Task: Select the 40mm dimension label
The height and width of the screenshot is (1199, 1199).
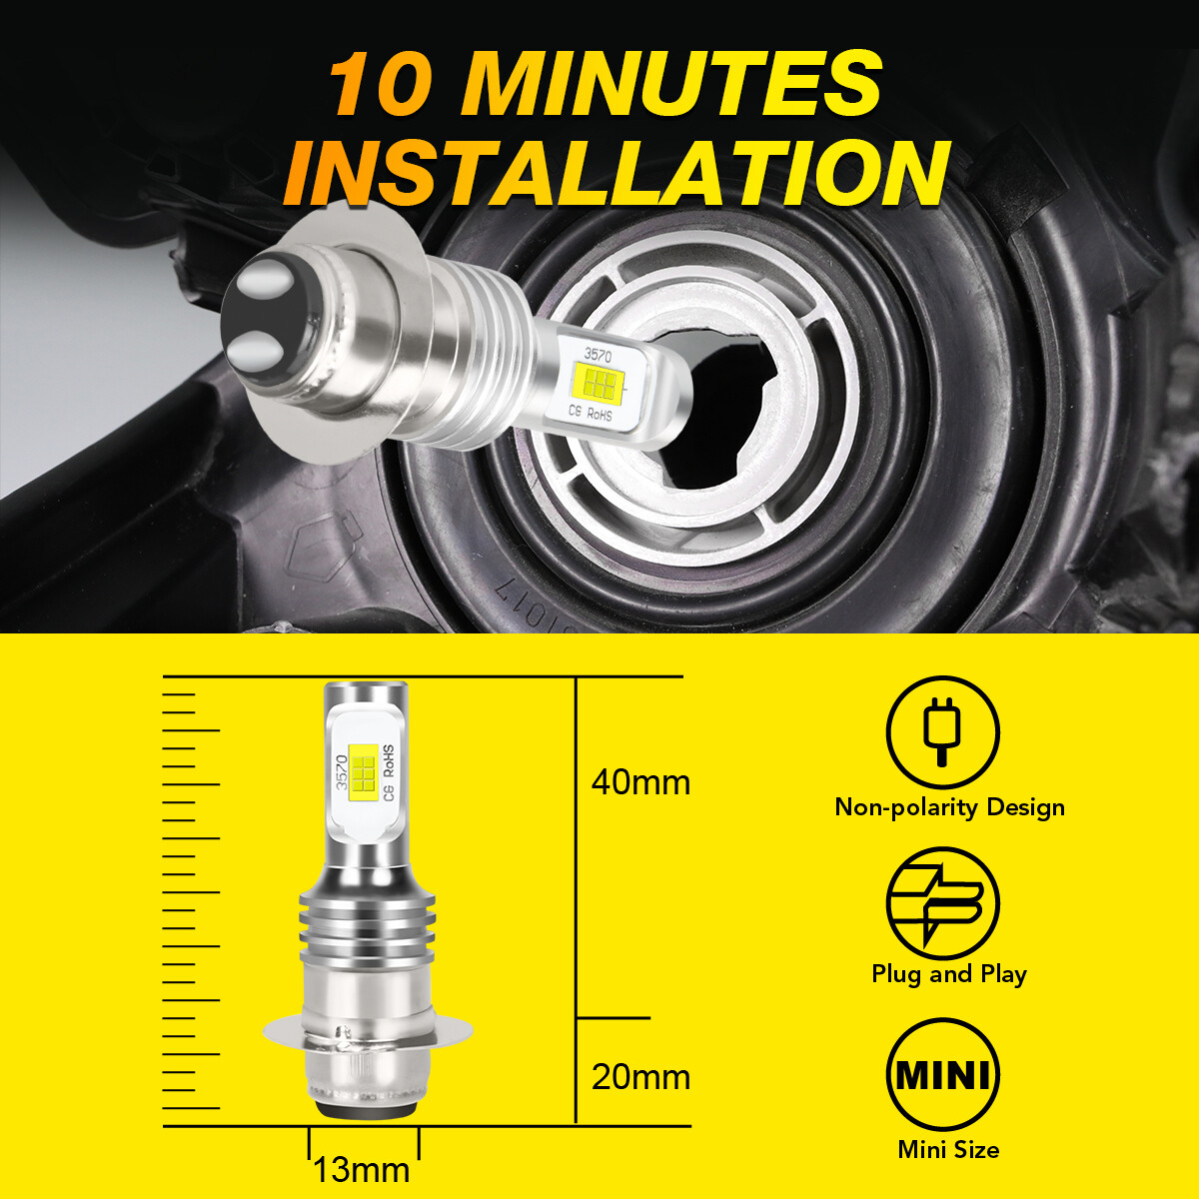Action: (x=640, y=782)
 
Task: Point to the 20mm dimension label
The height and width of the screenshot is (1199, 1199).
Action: (x=640, y=1077)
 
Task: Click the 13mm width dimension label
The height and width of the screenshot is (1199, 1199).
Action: (x=362, y=1170)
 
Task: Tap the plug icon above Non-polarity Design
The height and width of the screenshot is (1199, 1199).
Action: (x=942, y=732)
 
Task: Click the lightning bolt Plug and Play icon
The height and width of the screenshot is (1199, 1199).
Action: (x=942, y=903)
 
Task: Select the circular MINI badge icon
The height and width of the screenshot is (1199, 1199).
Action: (x=942, y=1075)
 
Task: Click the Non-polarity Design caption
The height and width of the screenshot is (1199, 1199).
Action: (x=949, y=808)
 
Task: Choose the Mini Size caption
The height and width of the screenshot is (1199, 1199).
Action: (x=948, y=1149)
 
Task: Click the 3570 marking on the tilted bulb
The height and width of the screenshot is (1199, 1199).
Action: (x=598, y=356)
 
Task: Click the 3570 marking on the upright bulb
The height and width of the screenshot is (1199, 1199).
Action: (x=341, y=772)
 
